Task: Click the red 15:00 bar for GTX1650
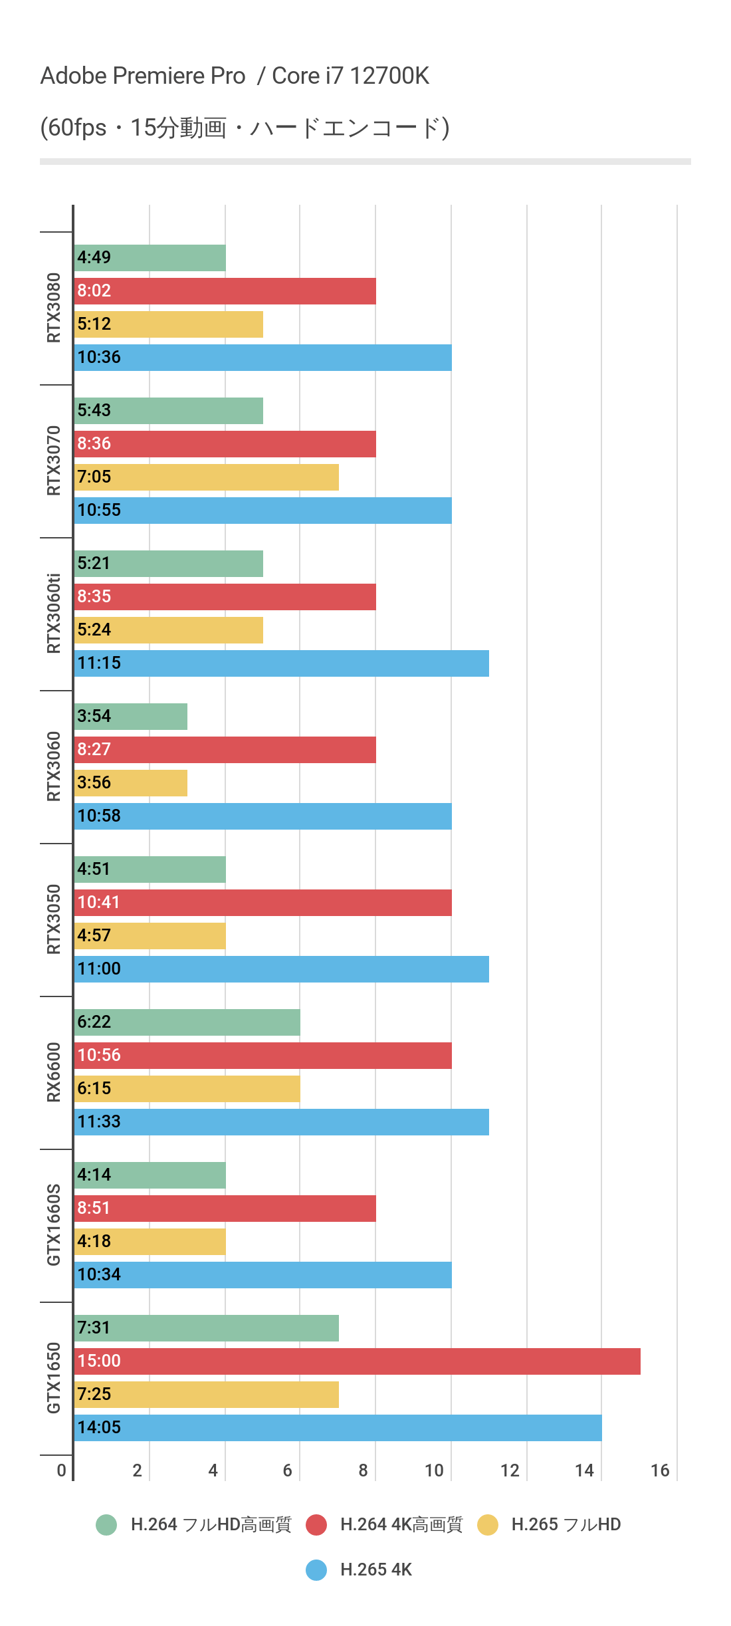(x=357, y=1361)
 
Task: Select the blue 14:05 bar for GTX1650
(x=338, y=1427)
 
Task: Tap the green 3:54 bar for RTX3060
(x=131, y=716)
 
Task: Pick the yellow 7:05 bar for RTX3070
(x=207, y=477)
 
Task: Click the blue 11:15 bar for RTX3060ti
(x=282, y=663)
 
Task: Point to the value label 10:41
(x=98, y=902)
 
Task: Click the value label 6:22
(x=94, y=1022)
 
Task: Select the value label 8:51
(x=94, y=1208)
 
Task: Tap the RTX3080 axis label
(x=54, y=308)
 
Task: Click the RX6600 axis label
(x=54, y=1072)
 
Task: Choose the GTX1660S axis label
(x=54, y=1224)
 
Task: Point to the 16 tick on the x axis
(x=660, y=1470)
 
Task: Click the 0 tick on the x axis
(x=62, y=1470)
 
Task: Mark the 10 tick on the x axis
(x=434, y=1470)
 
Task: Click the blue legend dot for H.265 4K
(x=316, y=1569)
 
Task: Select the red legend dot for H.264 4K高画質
(x=316, y=1524)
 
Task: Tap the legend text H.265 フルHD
(x=566, y=1524)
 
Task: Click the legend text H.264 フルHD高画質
(x=211, y=1524)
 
